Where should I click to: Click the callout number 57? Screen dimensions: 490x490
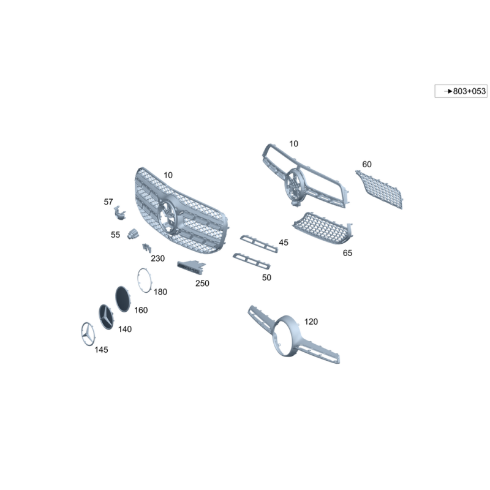click(x=108, y=202)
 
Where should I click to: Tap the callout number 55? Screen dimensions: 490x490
click(x=115, y=235)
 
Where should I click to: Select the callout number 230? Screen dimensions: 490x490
click(x=157, y=258)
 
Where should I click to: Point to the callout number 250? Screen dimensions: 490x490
click(x=202, y=283)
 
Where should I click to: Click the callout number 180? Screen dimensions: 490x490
click(x=160, y=292)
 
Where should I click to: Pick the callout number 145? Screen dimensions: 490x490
click(x=101, y=349)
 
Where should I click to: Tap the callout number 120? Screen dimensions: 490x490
click(x=311, y=322)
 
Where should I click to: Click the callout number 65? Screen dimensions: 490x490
click(x=347, y=253)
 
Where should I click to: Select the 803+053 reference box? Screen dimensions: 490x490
click(x=461, y=91)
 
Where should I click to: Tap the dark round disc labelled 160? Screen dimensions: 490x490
click(x=123, y=299)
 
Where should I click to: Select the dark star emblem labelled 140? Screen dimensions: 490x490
click(x=106, y=317)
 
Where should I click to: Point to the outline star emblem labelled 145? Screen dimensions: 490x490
click(x=88, y=334)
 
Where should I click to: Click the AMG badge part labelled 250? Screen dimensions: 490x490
click(x=191, y=267)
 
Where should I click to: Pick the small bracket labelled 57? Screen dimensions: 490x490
click(x=119, y=213)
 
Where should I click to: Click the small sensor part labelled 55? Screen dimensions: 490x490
click(x=133, y=234)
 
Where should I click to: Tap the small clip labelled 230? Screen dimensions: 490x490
click(x=146, y=248)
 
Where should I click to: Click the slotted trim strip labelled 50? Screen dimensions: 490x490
click(x=252, y=261)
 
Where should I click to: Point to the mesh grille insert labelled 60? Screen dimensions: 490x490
click(x=380, y=189)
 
